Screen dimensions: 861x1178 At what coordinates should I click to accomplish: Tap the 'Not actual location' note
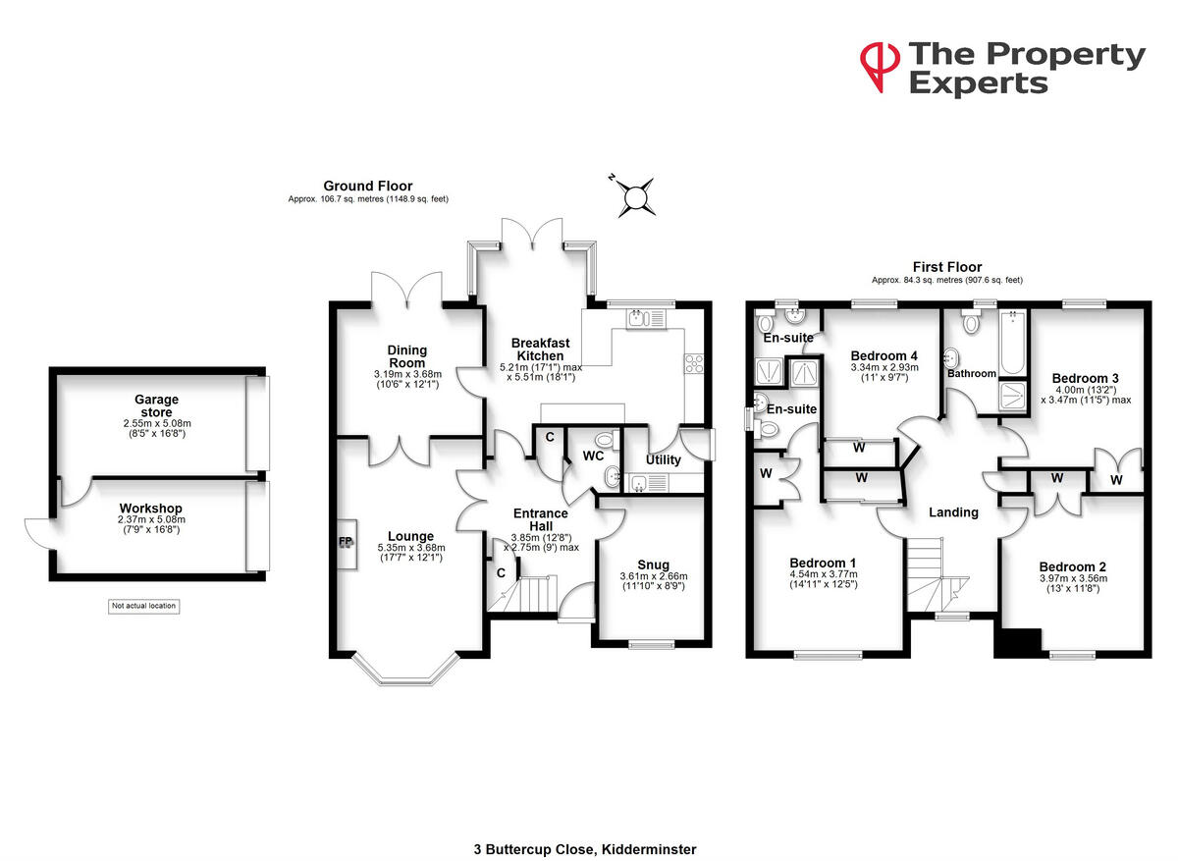(143, 606)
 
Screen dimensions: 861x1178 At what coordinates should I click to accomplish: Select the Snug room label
(653, 565)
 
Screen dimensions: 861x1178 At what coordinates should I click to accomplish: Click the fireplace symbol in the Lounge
(346, 541)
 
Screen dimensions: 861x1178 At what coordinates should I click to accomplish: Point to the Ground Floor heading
(368, 186)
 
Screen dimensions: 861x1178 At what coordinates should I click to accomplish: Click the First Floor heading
(947, 267)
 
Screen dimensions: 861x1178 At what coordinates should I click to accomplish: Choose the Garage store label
(157, 405)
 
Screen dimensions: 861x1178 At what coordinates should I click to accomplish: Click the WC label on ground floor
(593, 456)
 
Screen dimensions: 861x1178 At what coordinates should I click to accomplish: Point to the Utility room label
(663, 460)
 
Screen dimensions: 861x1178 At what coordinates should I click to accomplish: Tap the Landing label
(953, 511)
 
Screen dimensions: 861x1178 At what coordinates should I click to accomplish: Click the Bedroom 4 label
(884, 355)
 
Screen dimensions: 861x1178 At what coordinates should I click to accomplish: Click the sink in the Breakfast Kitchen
(639, 317)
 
